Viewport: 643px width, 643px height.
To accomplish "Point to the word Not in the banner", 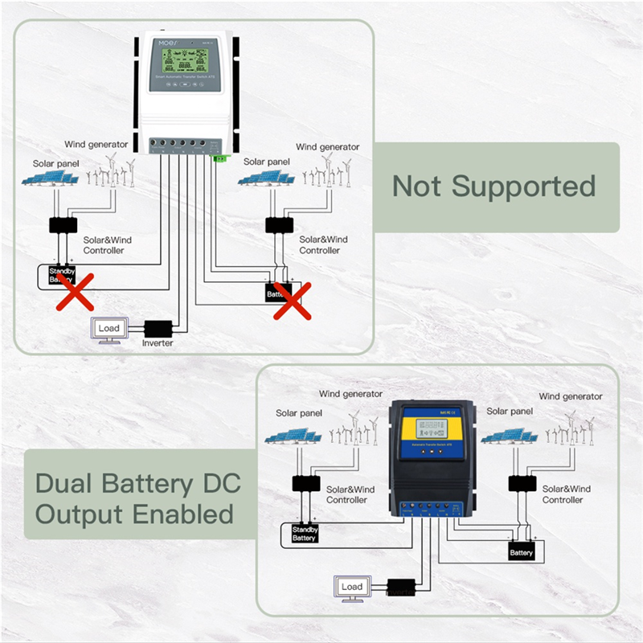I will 416,186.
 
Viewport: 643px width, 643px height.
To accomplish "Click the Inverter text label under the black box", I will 158,343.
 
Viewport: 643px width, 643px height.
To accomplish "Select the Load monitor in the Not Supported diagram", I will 108,330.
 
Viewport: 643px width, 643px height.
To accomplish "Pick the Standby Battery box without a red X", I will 304,533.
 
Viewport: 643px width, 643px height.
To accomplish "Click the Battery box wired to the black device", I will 522,552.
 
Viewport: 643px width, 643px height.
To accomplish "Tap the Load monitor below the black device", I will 351,588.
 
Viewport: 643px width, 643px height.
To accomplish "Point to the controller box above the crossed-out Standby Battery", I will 63,224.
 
